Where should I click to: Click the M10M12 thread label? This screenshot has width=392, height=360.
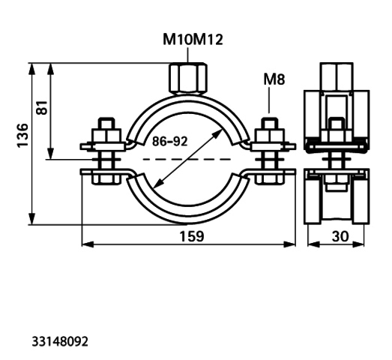pyautogui.click(x=193, y=40)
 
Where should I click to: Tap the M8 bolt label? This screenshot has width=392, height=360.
pyautogui.click(x=274, y=79)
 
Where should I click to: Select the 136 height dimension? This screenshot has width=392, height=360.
pyautogui.click(x=22, y=135)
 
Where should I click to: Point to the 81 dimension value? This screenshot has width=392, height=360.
pyautogui.click(x=42, y=107)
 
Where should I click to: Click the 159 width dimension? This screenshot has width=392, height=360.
pyautogui.click(x=192, y=236)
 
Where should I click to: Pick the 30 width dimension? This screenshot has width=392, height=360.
pyautogui.click(x=340, y=236)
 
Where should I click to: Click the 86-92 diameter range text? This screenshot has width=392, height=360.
pyautogui.click(x=169, y=141)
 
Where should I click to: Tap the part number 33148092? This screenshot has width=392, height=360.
pyautogui.click(x=60, y=341)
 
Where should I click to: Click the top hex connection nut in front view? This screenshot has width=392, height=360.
pyautogui.click(x=188, y=78)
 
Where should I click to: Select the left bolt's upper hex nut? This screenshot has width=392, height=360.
pyautogui.click(x=106, y=136)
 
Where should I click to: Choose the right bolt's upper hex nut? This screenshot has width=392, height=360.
pyautogui.click(x=269, y=136)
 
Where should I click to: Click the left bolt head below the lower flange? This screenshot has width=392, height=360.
pyautogui.click(x=106, y=180)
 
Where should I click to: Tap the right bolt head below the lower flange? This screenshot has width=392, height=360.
pyautogui.click(x=269, y=180)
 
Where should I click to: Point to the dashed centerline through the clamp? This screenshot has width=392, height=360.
pyautogui.click(x=187, y=159)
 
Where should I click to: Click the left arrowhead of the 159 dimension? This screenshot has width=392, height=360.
pyautogui.click(x=88, y=244)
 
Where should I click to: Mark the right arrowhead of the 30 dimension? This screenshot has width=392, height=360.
pyautogui.click(x=358, y=244)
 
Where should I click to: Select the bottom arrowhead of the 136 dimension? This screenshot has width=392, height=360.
pyautogui.click(x=31, y=219)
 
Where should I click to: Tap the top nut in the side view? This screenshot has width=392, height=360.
pyautogui.click(x=337, y=76)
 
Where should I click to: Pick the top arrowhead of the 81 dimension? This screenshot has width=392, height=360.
pyautogui.click(x=51, y=69)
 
